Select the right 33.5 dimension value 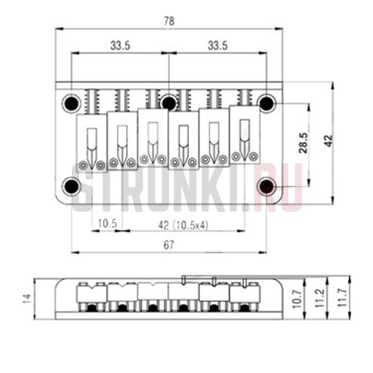click(217, 44)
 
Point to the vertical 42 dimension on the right click(328, 141)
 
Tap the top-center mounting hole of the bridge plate click(169, 101)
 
